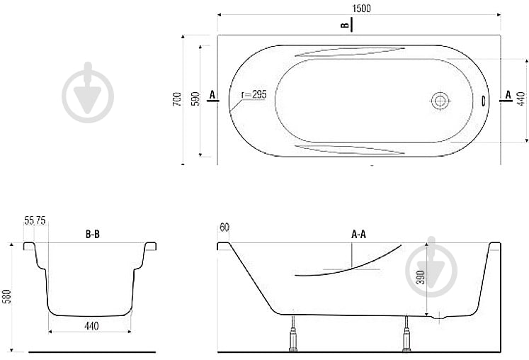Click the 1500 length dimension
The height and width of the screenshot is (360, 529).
point(361,8)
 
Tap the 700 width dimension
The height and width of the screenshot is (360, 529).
point(177,99)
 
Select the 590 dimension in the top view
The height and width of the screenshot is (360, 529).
point(195,99)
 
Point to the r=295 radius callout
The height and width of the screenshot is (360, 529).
point(254,94)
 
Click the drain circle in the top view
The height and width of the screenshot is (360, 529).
point(440,101)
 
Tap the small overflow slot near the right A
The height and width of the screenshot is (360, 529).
point(483,101)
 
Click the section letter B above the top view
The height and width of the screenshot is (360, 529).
point(344,26)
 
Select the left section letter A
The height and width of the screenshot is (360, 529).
point(212,95)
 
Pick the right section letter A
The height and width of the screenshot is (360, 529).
point(508,95)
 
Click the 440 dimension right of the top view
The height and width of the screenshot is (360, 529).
point(521,99)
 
